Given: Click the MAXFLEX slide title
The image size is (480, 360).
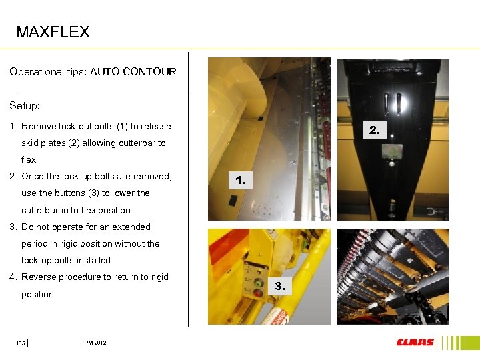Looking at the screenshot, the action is pyautogui.click(x=53, y=31).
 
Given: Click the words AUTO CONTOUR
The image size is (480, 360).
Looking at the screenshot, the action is pyautogui.click(x=133, y=71).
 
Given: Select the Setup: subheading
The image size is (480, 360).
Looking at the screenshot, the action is pyautogui.click(x=25, y=106).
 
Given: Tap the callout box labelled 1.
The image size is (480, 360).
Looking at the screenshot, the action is pyautogui.click(x=241, y=180).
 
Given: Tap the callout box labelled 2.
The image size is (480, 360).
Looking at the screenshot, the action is pyautogui.click(x=375, y=130).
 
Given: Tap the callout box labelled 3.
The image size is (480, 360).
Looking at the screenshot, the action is pyautogui.click(x=280, y=286).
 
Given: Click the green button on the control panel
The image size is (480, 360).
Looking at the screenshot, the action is pyautogui.click(x=259, y=283).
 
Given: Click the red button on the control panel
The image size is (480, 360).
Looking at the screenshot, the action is pyautogui.click(x=258, y=293).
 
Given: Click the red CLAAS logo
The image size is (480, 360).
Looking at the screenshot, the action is pyautogui.click(x=415, y=342).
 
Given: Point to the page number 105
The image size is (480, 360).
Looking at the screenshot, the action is pyautogui.click(x=21, y=343).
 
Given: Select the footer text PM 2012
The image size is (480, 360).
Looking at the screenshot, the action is pyautogui.click(x=95, y=343).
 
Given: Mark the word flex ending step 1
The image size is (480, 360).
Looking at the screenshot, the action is pyautogui.click(x=29, y=159).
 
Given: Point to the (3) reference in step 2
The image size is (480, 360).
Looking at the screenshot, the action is pyautogui.click(x=93, y=193).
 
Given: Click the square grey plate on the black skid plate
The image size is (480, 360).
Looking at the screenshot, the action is pyautogui.click(x=392, y=151).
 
